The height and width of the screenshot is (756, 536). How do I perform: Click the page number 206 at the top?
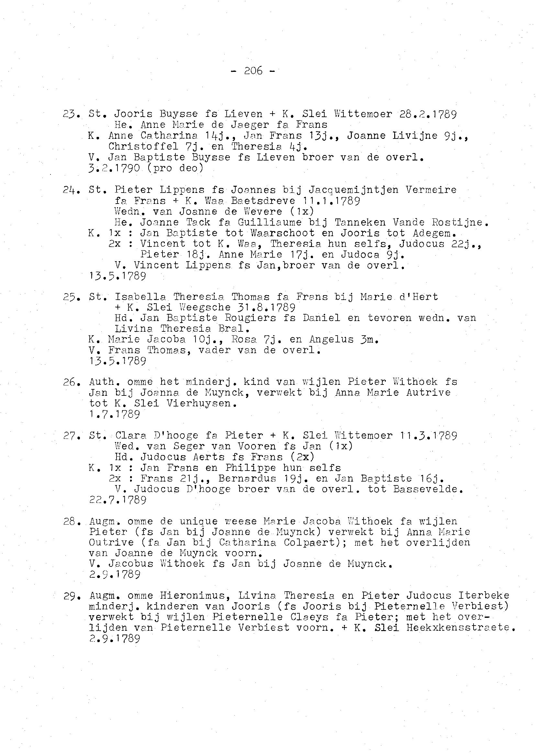pos(253,71)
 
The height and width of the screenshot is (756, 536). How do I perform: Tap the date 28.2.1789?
pos(428,114)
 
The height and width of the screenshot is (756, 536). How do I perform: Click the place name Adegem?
pos(434,233)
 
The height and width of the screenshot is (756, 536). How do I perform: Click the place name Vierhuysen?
pos(201,403)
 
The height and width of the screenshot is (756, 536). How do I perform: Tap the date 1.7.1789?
pos(115,414)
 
